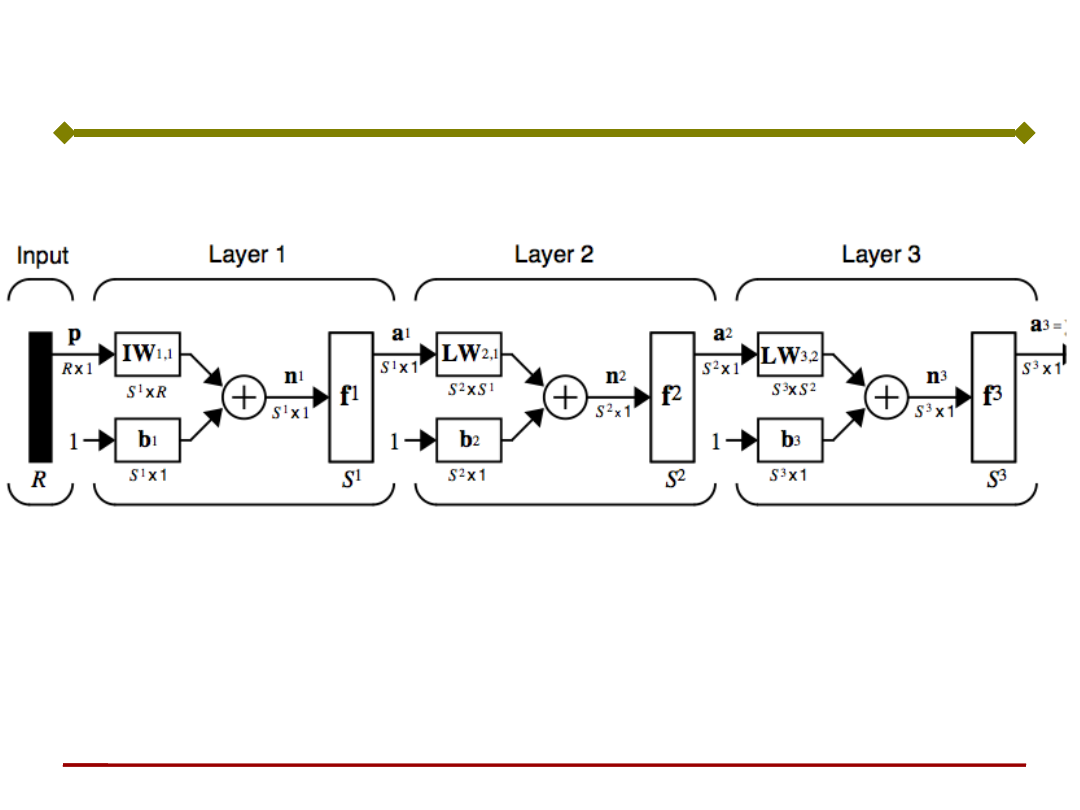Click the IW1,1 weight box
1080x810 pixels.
coord(147,355)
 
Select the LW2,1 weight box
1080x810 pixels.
coord(468,355)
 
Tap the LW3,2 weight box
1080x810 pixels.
coord(790,355)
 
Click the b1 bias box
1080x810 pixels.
coord(147,439)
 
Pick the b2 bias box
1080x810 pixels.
coord(468,439)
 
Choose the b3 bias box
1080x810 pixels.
coord(790,439)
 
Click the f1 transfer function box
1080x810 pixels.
coord(350,397)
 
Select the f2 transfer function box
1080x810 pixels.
coord(671,397)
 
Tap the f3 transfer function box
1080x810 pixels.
coord(993,397)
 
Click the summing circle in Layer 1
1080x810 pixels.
coord(242,398)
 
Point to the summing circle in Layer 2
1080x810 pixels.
coord(565,398)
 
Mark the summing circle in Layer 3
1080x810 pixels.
coord(886,398)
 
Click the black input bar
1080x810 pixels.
coord(39,396)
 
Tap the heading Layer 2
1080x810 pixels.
coord(554,255)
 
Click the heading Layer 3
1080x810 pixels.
coord(881,255)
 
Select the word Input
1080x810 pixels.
coord(42,256)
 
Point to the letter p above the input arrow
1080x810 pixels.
coord(74,332)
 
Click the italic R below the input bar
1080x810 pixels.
coord(39,479)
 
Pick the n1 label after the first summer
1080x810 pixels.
coord(293,378)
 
